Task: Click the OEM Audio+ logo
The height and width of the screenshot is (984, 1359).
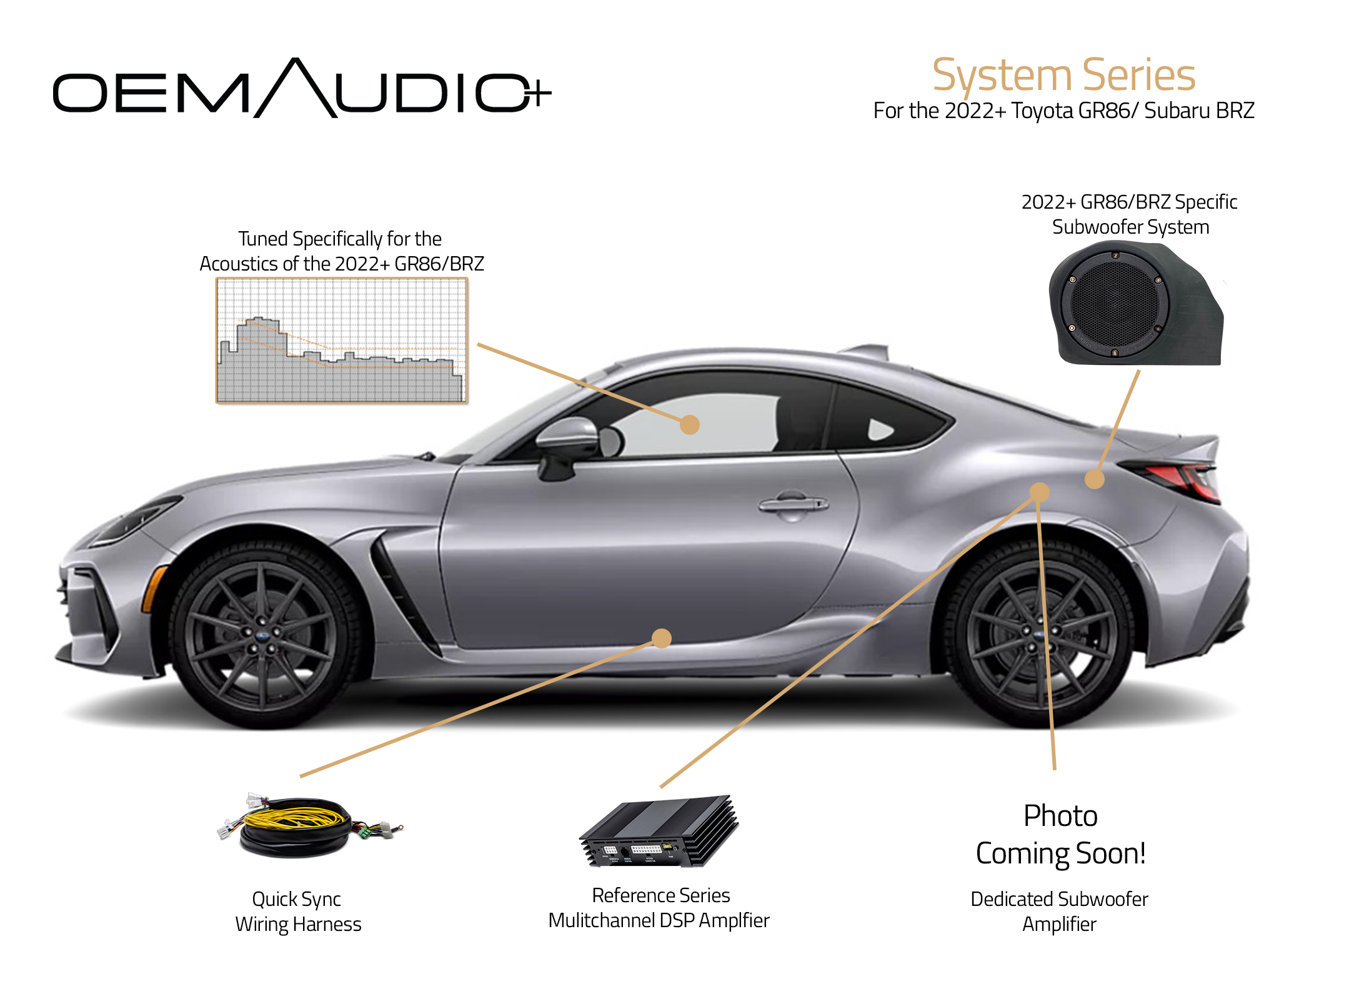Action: click(x=302, y=89)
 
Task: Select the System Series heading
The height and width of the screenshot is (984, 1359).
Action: click(x=1063, y=75)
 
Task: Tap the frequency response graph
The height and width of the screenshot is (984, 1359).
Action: click(x=342, y=341)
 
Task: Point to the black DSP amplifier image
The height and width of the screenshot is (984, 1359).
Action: click(x=660, y=830)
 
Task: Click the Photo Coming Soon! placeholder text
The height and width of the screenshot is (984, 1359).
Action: click(x=1060, y=835)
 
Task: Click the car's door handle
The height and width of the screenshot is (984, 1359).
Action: click(x=793, y=503)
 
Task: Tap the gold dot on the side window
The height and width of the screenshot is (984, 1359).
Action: click(x=689, y=425)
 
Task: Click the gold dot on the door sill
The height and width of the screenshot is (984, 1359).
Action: click(x=662, y=638)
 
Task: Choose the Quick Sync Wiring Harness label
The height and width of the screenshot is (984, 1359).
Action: click(x=298, y=912)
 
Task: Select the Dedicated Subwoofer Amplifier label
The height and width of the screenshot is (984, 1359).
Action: click(x=1060, y=912)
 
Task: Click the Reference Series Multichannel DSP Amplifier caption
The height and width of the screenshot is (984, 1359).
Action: click(x=659, y=908)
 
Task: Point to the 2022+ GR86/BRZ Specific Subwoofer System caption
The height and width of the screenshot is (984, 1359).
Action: click(x=1130, y=214)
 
